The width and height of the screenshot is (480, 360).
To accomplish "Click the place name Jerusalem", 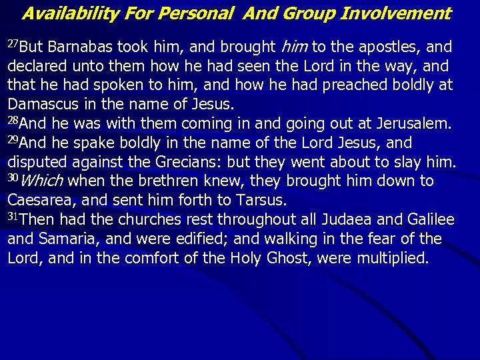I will (409, 124).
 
